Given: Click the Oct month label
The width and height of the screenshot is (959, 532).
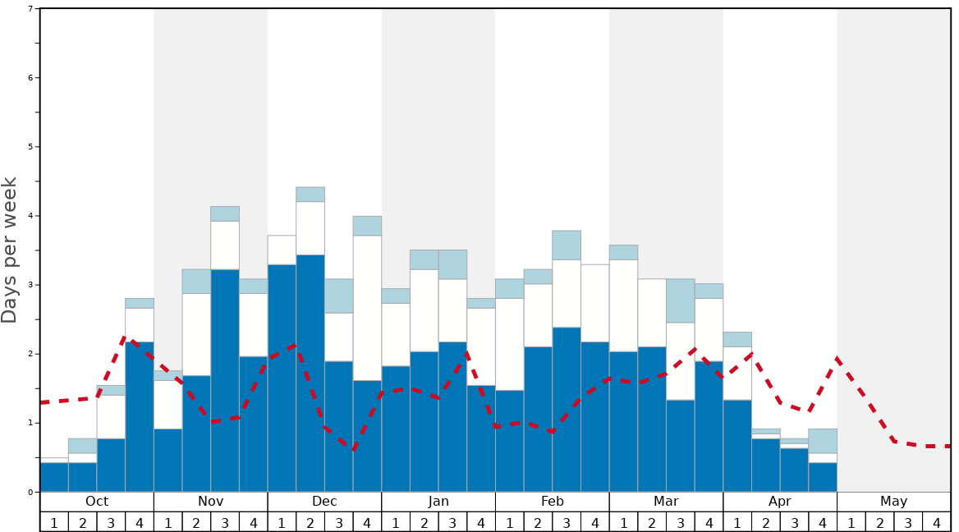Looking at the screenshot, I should coord(97,502).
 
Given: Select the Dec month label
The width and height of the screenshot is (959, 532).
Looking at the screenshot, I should coord(324,502).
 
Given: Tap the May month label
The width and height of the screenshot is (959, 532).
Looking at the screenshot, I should coord(893,502).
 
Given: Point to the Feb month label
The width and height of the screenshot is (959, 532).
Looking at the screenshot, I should coord(552,502).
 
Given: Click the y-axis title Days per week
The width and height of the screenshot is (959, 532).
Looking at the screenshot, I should coord(10,250).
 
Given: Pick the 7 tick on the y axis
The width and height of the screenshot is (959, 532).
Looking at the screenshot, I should coord(30,9).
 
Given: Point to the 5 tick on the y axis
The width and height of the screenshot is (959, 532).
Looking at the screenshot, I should coord(30,147).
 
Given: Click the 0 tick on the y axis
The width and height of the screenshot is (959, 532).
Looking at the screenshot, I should coord(30,492).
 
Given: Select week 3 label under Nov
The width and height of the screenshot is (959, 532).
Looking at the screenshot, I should coord(225,522).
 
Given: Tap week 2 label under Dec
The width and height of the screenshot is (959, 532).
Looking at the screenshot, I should coord(310,522).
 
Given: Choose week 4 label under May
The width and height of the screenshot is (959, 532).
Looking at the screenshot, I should coord(936,522).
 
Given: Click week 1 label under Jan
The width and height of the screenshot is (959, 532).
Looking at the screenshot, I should coord(396,522).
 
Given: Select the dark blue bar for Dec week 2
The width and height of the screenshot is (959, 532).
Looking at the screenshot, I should coord(310,374).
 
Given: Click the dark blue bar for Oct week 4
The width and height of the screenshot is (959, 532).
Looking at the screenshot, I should coord(140,417).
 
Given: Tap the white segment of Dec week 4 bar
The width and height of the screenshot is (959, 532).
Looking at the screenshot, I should coord(367,308).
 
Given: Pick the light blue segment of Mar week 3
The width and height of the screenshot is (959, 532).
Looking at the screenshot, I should coord(680,300).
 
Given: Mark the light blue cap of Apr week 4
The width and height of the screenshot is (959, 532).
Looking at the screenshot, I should coord(823,441).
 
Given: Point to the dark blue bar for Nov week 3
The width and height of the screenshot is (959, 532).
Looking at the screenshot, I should coord(225,380).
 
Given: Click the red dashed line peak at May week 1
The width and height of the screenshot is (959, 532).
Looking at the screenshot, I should coord(837,358).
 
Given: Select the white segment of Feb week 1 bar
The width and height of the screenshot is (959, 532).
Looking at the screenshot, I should coord(509,344).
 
